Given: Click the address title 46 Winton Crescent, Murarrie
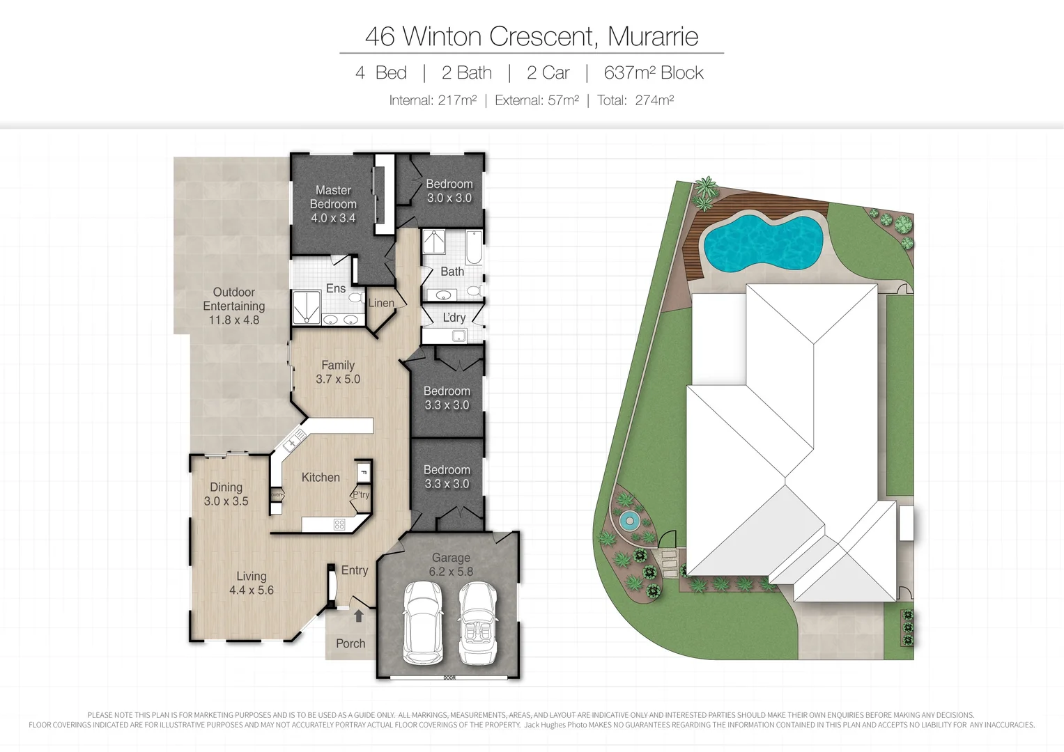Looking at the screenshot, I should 531,36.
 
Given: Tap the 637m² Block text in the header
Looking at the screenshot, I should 653,73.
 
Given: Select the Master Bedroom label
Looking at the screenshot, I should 333,204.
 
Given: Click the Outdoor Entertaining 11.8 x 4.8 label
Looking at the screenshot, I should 234,306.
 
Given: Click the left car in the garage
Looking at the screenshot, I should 423,622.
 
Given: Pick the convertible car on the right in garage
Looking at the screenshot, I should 477,622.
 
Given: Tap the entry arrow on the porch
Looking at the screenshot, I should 359,616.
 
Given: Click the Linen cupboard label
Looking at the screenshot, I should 381,303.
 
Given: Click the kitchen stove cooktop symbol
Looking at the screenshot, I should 339,524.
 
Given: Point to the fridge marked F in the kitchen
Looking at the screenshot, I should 363,473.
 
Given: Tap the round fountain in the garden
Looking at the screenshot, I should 629,520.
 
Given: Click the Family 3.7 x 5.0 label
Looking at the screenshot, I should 338,372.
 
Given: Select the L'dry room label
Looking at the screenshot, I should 454,318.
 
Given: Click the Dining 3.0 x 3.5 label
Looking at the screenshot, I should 226,494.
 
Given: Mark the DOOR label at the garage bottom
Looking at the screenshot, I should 449,677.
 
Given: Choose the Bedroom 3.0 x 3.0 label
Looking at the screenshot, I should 449,191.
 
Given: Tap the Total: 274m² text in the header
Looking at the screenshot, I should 635,100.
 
